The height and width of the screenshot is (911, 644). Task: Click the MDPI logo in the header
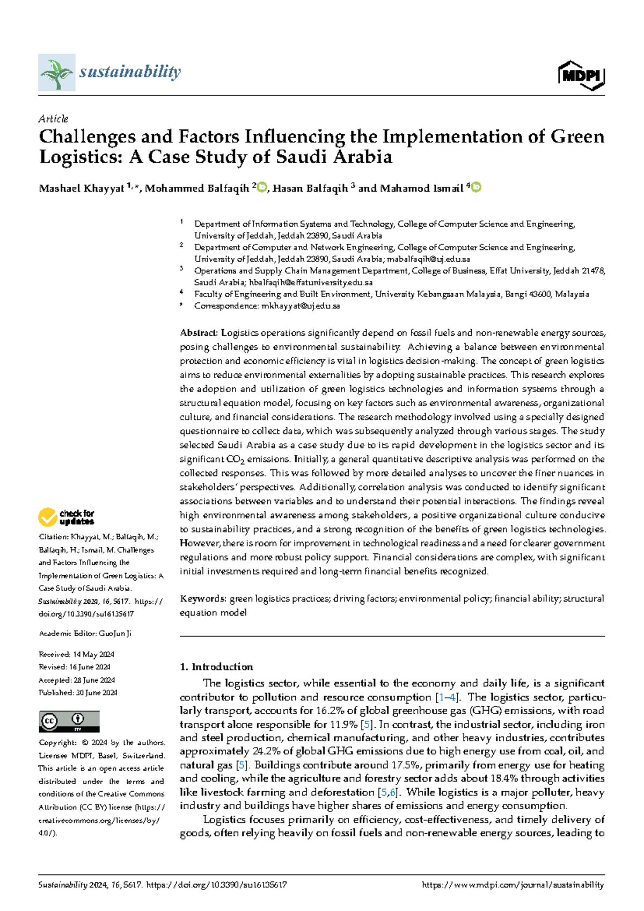point(582,75)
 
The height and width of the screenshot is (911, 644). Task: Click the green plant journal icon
point(56,72)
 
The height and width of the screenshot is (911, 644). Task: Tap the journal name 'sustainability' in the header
point(130,71)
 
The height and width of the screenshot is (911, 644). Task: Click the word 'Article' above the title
point(53,119)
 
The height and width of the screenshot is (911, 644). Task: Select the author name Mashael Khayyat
point(82,189)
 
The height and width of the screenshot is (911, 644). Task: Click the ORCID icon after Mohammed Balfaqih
point(262,187)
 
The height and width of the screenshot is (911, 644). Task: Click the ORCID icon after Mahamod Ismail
point(476,187)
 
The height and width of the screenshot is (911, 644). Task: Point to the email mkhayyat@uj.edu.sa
point(301,306)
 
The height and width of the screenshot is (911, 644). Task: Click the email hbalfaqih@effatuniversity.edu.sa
point(311,283)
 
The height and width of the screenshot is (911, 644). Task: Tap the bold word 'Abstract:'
point(199,333)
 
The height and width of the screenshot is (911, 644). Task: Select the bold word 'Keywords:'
point(203,598)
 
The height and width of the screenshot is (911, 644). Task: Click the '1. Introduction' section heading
point(216,667)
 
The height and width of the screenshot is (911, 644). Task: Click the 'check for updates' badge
point(66,517)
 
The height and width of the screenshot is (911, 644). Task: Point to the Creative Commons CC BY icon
point(69,721)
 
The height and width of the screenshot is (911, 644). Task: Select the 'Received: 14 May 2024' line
point(77,654)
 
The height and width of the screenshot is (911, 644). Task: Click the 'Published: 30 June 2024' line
point(78,693)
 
